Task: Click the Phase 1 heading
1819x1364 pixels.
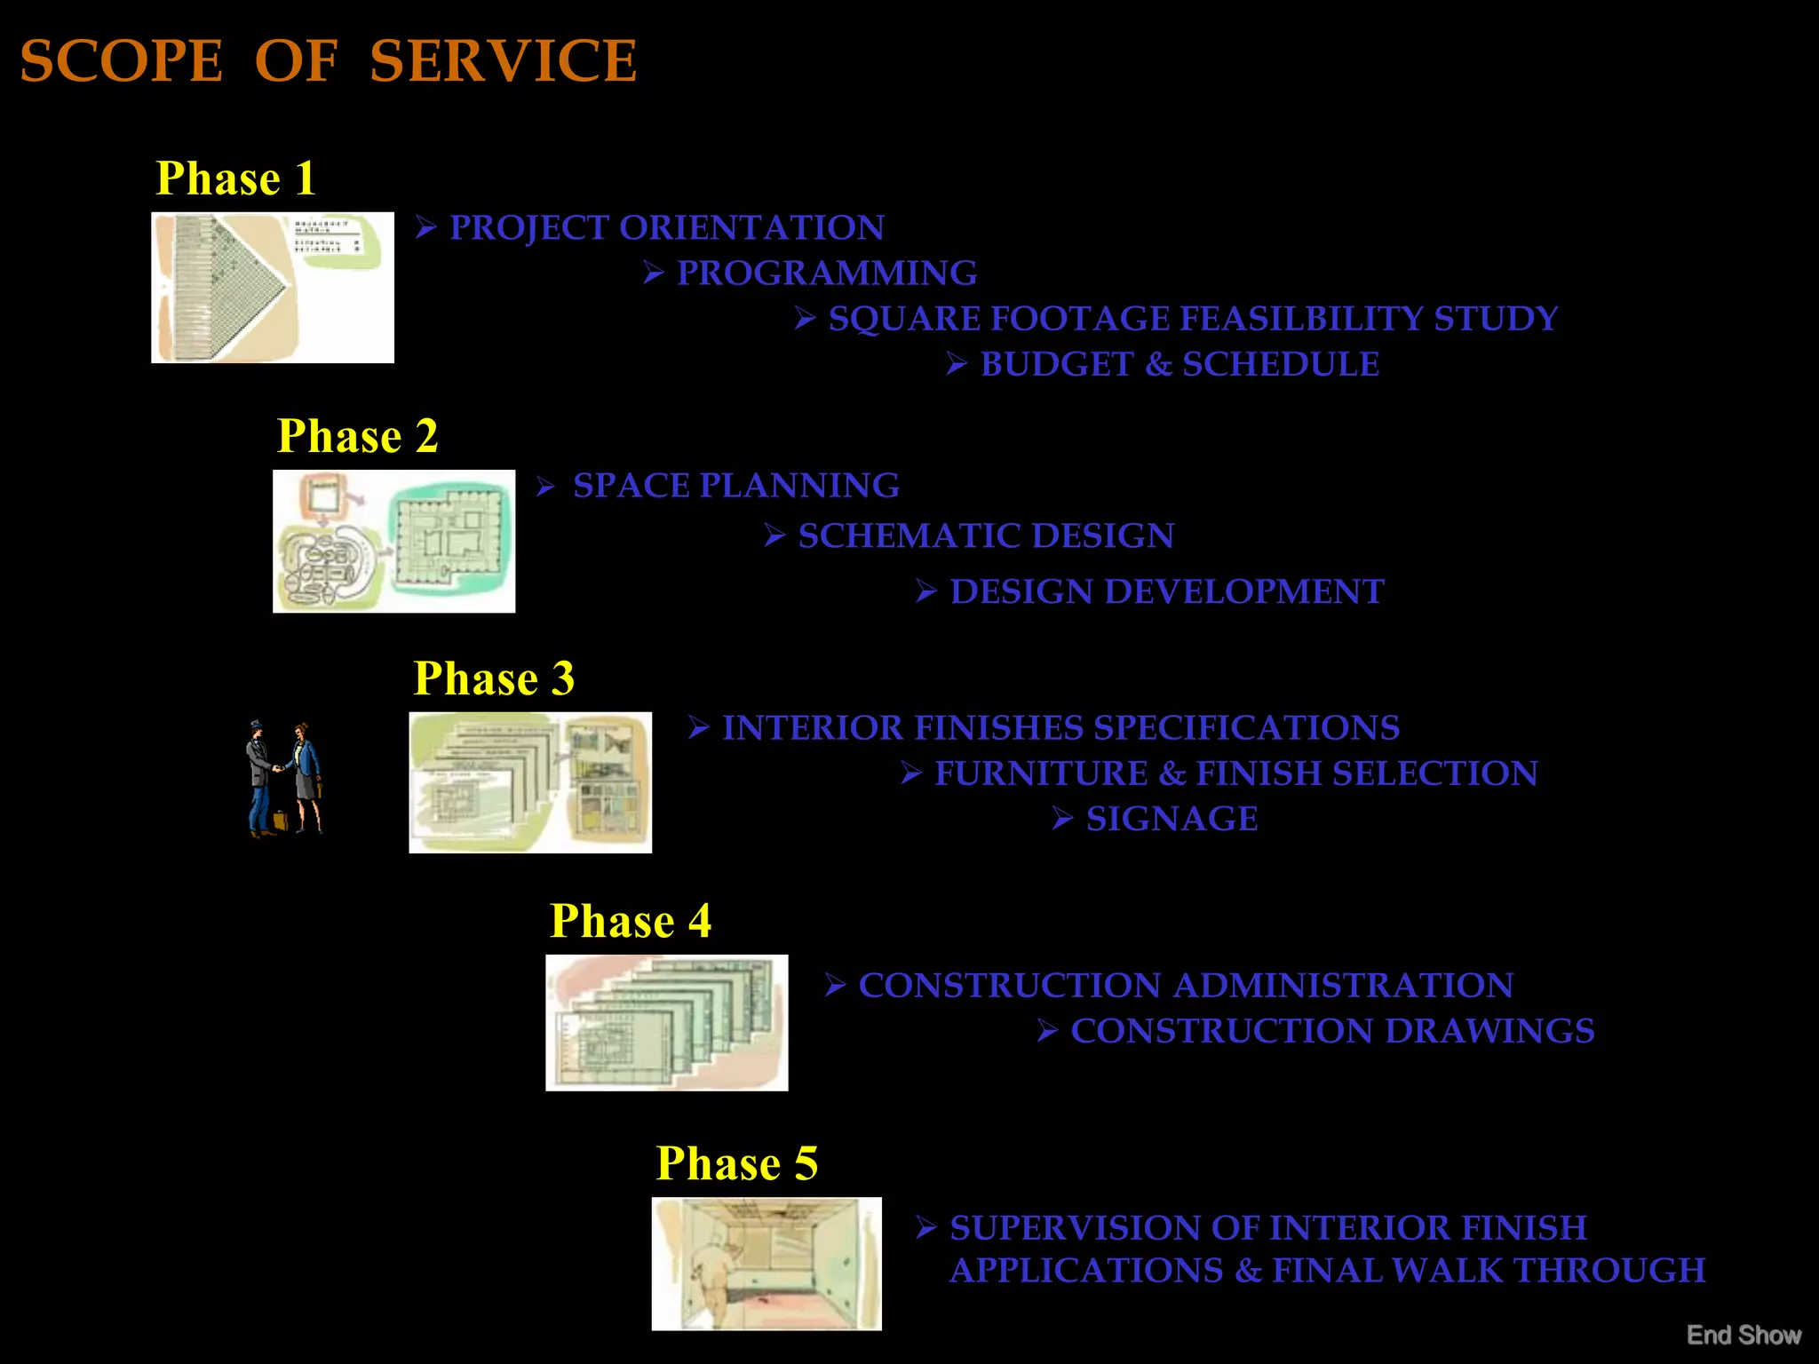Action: [235, 178]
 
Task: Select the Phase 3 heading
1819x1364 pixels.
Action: [494, 679]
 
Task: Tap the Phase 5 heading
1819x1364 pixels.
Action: [736, 1163]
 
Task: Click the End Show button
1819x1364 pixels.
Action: [1744, 1335]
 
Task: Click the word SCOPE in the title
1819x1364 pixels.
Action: [121, 61]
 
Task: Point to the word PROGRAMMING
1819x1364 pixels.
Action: [827, 274]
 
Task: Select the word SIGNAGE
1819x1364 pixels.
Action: [1172, 819]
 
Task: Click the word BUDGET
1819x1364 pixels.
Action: [1057, 365]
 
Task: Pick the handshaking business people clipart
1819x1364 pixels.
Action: [284, 779]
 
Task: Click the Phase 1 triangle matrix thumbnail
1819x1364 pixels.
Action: [273, 287]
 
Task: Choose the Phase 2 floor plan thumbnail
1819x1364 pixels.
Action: [393, 541]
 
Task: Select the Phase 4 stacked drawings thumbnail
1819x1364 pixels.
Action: [666, 1022]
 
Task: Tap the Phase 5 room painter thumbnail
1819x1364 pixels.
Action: [767, 1263]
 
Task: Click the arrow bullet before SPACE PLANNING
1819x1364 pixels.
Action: [545, 487]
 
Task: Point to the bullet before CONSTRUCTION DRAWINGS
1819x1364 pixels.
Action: [1047, 1031]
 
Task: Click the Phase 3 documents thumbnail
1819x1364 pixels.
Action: [530, 782]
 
